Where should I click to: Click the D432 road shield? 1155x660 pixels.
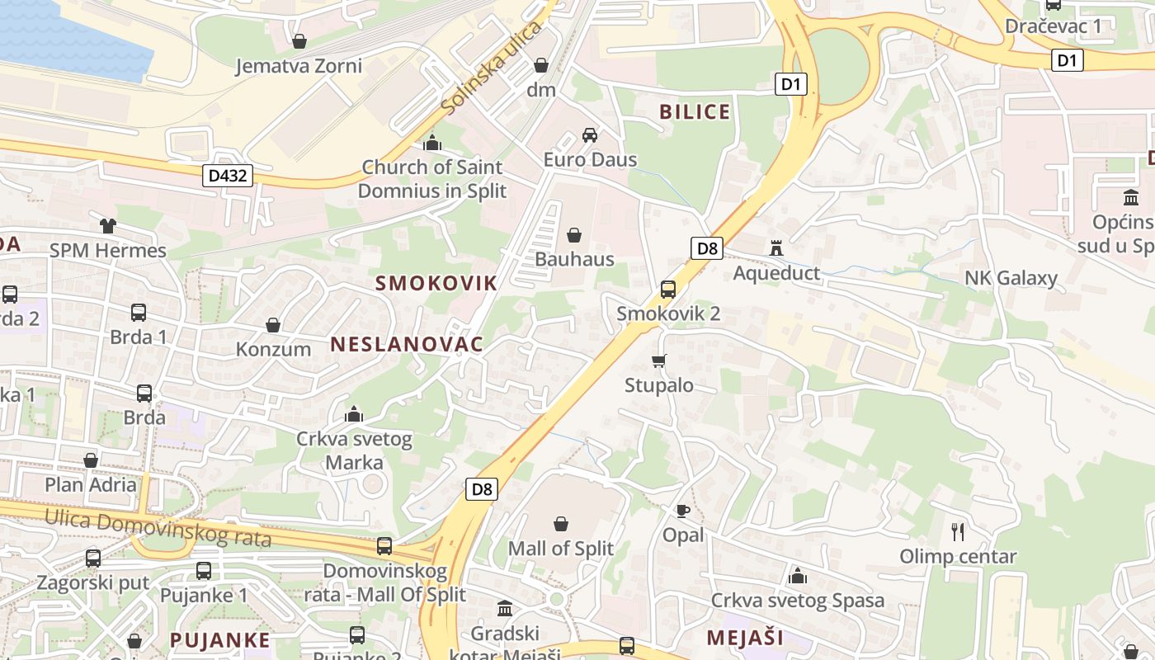click(x=227, y=175)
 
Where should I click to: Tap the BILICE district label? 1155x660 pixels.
click(x=695, y=112)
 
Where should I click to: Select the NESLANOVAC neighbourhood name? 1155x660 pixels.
click(x=407, y=345)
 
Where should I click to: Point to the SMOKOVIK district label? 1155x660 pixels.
click(x=436, y=283)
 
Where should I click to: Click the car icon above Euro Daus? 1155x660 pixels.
click(x=589, y=135)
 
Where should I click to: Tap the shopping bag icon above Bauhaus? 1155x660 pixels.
click(x=574, y=235)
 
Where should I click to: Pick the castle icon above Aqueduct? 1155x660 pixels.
click(x=775, y=247)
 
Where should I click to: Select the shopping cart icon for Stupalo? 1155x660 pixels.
click(x=658, y=361)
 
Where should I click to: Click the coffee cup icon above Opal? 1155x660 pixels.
click(x=683, y=511)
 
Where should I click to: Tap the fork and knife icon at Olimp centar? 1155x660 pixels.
click(x=957, y=531)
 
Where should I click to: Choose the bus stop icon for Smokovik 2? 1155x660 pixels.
click(x=668, y=290)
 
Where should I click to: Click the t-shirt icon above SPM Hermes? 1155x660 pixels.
click(x=107, y=225)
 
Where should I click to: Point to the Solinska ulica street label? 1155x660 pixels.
click(x=491, y=68)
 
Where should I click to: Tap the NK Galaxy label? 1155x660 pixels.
click(x=1011, y=278)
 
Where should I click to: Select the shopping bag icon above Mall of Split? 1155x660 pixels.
click(x=561, y=524)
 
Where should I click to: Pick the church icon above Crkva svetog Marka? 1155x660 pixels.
click(x=354, y=413)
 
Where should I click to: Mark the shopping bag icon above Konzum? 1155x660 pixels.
click(x=273, y=325)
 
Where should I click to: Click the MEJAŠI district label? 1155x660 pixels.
click(x=745, y=637)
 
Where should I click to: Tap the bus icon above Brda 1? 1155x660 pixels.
click(x=139, y=313)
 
